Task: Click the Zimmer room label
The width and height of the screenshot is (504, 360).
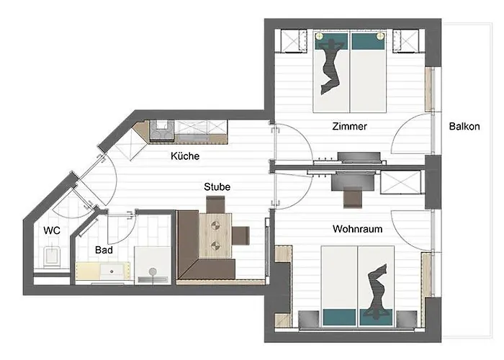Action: (x=350, y=127)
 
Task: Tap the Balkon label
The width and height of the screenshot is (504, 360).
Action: (x=464, y=127)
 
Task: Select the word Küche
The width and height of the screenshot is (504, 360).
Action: (x=185, y=156)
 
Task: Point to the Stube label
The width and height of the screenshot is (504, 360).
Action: (x=217, y=187)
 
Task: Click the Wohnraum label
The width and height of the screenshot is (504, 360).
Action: (x=357, y=230)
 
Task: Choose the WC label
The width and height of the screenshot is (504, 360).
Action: (x=52, y=231)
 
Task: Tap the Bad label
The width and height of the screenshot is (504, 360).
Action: (x=105, y=251)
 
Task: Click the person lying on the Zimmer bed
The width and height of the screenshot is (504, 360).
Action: (x=330, y=66)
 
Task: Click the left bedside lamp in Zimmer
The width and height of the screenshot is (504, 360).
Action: (x=319, y=35)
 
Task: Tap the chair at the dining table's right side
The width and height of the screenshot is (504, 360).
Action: (x=241, y=235)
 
